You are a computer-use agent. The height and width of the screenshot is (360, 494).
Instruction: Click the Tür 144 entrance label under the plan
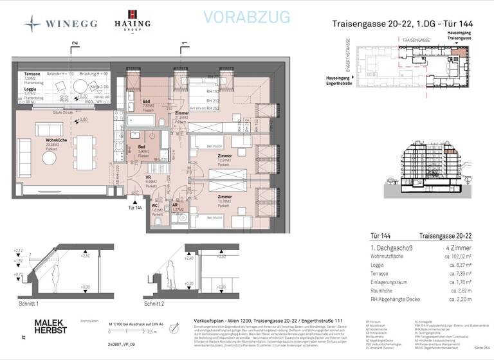pos(135,208)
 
